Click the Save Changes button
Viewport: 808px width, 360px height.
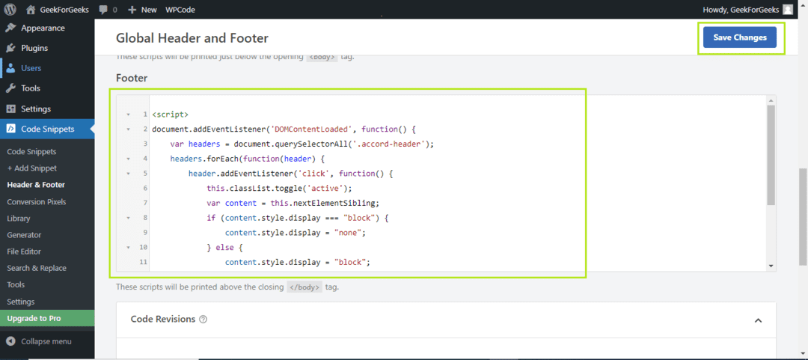pyautogui.click(x=739, y=37)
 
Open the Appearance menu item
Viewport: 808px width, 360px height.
pyautogui.click(x=43, y=28)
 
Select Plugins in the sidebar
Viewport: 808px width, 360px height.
pyautogui.click(x=34, y=48)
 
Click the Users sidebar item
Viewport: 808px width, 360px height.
pyautogui.click(x=31, y=68)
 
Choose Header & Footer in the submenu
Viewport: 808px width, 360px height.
pyautogui.click(x=36, y=185)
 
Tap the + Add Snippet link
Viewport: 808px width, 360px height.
pyautogui.click(x=32, y=168)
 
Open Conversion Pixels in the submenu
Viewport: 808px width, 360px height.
pyautogui.click(x=37, y=201)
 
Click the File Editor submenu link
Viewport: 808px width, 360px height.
pyautogui.click(x=24, y=251)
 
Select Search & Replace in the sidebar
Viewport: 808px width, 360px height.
pyautogui.click(x=37, y=268)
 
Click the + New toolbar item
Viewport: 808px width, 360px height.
pyautogui.click(x=142, y=9)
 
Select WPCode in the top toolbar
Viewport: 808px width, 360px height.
pyautogui.click(x=180, y=9)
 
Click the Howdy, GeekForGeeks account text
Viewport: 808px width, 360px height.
pyautogui.click(x=742, y=9)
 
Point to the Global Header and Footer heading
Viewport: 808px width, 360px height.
pyautogui.click(x=192, y=37)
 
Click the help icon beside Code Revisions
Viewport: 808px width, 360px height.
pyautogui.click(x=203, y=320)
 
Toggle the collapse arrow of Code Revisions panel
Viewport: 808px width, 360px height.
pyautogui.click(x=758, y=320)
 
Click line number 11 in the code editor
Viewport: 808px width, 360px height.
pyautogui.click(x=144, y=262)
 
